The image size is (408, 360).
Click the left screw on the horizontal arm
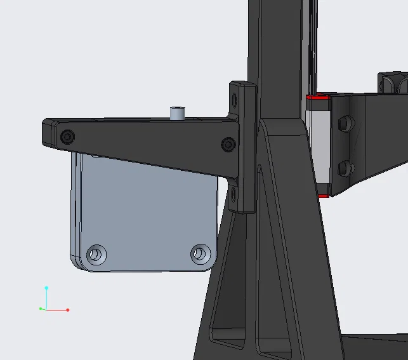click(x=67, y=136)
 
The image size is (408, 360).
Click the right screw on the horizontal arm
click(x=228, y=145)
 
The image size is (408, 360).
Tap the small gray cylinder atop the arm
click(x=177, y=113)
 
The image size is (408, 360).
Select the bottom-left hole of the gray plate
click(x=96, y=255)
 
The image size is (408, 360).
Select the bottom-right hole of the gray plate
click(x=201, y=254)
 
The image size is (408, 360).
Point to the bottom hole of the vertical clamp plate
click(x=234, y=190)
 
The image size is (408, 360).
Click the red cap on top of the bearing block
click(x=319, y=98)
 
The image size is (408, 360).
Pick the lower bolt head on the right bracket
click(x=346, y=168)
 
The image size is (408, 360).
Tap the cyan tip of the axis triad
click(x=46, y=288)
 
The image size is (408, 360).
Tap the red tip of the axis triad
click(x=67, y=310)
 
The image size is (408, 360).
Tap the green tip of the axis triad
click(x=41, y=309)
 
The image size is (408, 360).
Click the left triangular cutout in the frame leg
click(x=228, y=286)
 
